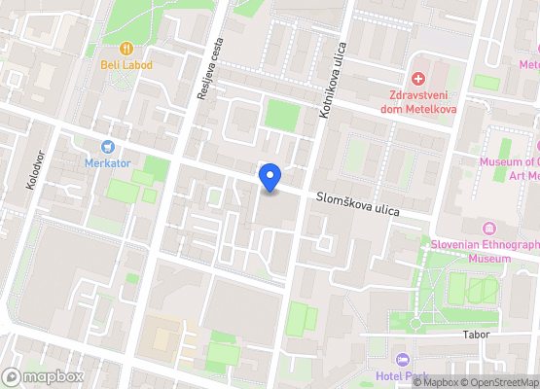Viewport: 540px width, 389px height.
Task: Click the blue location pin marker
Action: (270, 178)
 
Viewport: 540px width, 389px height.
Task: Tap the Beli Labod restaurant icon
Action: (126, 48)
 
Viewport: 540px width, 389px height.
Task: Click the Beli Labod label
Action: (126, 65)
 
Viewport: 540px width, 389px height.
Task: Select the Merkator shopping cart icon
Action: (107, 146)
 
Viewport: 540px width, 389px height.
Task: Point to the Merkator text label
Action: (107, 162)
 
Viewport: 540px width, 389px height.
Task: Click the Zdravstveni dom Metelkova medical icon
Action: (418, 78)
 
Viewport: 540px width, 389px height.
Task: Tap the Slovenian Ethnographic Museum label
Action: (484, 251)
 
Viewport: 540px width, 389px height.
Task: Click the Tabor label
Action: (476, 334)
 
